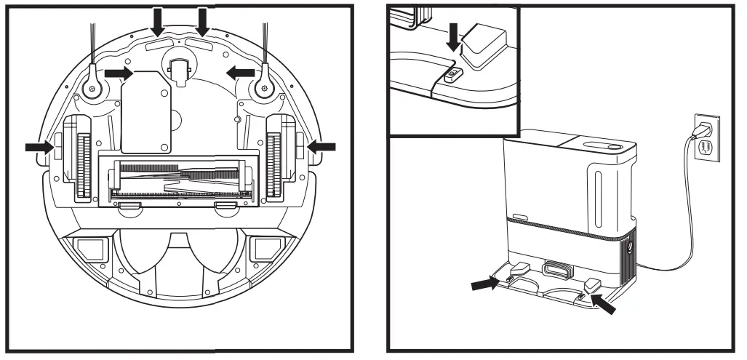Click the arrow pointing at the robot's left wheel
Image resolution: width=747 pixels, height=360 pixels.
coord(38,147)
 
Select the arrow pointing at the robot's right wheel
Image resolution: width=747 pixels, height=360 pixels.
coord(321,147)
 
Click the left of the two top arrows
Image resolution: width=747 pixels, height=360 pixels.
coord(159,22)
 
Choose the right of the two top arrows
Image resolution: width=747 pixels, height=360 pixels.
coord(203,22)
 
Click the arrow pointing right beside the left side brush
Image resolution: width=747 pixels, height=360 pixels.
coord(118,73)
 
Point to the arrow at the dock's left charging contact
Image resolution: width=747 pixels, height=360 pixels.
coord(484,284)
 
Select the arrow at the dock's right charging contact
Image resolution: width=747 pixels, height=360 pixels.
coord(603,301)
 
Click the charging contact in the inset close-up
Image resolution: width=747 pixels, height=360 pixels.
coord(453,73)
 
